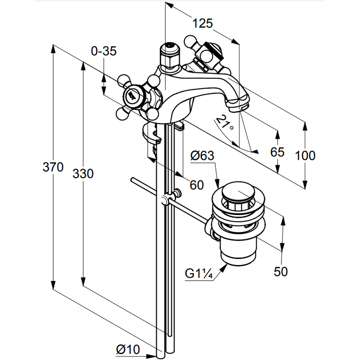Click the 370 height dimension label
pyautogui.click(x=53, y=167)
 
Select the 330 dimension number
pyautogui.click(x=83, y=174)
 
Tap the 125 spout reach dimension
pyautogui.click(x=202, y=24)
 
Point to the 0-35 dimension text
pyautogui.click(x=104, y=51)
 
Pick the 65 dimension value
pyautogui.click(x=277, y=152)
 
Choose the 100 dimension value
pyautogui.click(x=305, y=156)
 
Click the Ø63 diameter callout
pyautogui.click(x=202, y=156)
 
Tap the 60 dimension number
pyautogui.click(x=197, y=185)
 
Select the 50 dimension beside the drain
pyautogui.click(x=281, y=272)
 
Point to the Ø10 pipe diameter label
pyautogui.click(x=128, y=349)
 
